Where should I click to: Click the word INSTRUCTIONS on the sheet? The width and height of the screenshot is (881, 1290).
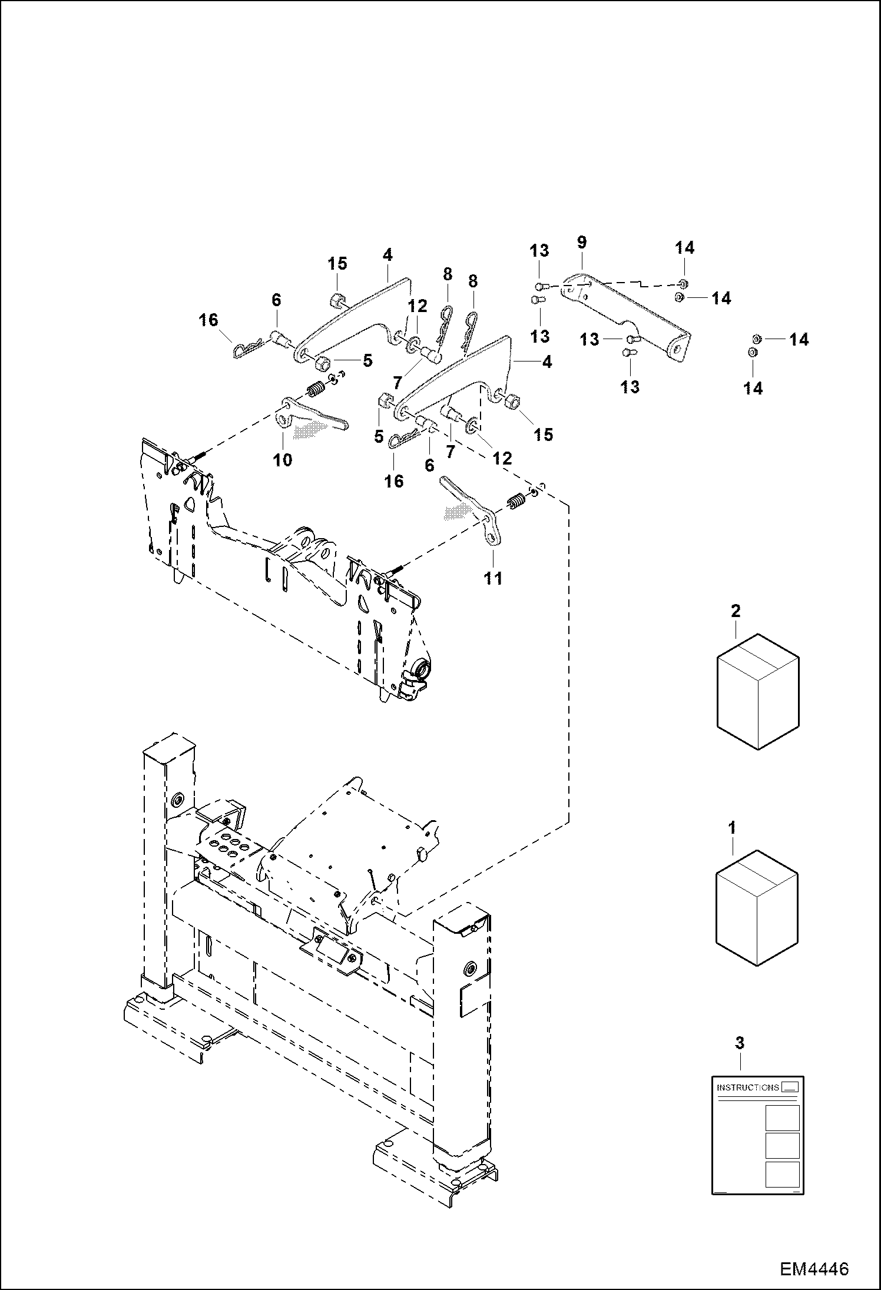click(747, 1087)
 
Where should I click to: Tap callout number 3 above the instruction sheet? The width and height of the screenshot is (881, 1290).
click(740, 1043)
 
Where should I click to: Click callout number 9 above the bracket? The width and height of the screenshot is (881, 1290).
click(582, 243)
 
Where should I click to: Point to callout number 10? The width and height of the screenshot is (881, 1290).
click(283, 460)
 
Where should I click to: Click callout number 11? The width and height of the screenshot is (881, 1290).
click(494, 578)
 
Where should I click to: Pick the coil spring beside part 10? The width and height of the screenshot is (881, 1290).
click(316, 390)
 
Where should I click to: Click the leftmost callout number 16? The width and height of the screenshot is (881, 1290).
click(208, 320)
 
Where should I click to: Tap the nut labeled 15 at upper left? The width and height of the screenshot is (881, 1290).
click(337, 301)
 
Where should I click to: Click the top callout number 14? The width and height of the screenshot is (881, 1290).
click(684, 248)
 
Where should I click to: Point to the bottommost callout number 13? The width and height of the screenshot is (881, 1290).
click(630, 387)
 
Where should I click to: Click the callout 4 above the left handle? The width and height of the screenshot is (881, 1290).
click(387, 255)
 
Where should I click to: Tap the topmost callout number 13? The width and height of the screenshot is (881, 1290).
click(539, 250)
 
